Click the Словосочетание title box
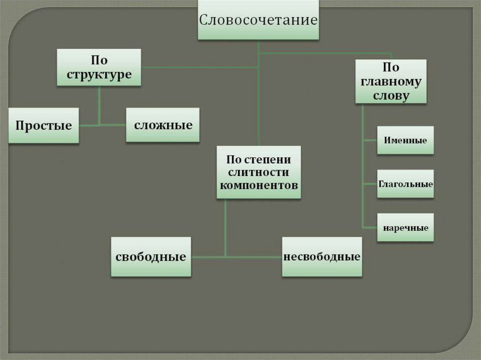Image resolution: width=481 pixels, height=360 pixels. coord(258,20)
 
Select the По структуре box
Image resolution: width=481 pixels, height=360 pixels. coord(99,68)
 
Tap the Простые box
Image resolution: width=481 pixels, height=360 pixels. coord(44,125)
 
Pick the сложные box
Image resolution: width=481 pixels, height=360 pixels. coord(163,125)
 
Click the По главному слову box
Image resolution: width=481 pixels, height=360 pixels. coord(391,81)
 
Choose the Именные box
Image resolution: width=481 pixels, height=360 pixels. coord(405,140)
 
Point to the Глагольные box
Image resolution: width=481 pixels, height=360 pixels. coord(405,184)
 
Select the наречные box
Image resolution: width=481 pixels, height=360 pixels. coord(405,228)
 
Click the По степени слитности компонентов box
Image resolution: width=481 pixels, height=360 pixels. coord(259,172)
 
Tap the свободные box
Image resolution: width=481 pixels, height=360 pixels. coord(151,257)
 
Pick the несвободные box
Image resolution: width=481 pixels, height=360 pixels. coord(322,257)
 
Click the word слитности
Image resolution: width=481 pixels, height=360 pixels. coord(259,172)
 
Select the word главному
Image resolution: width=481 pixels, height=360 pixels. coord(391,81)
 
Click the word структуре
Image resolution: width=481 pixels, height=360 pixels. coord(99,75)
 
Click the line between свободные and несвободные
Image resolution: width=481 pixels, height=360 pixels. coord(237,257)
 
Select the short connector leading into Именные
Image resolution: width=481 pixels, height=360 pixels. coord(370,140)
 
